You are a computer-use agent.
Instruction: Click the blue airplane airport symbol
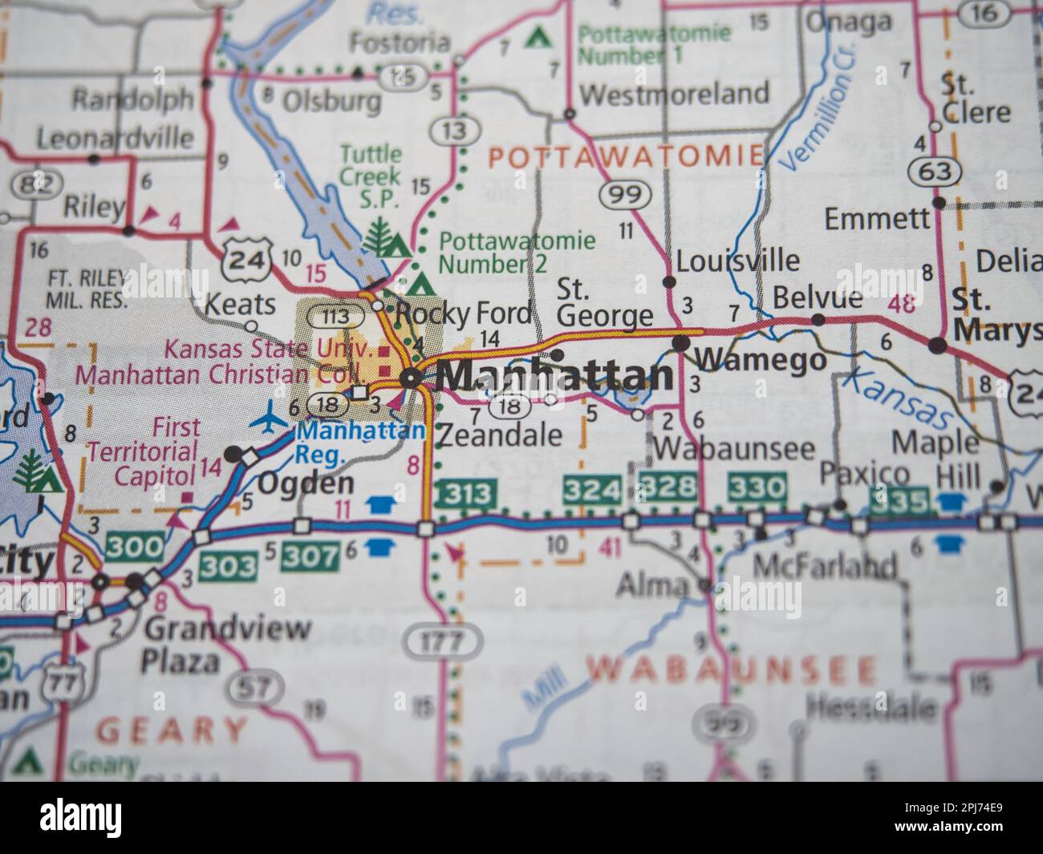point(271,419)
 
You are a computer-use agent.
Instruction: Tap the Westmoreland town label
point(673,93)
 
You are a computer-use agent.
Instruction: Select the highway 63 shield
point(935,171)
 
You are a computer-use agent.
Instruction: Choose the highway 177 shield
point(444,642)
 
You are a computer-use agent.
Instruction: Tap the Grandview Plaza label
point(227,645)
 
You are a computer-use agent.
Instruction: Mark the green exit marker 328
point(670,487)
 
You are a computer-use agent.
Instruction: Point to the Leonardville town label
point(116,137)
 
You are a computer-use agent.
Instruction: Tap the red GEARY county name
point(172,729)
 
